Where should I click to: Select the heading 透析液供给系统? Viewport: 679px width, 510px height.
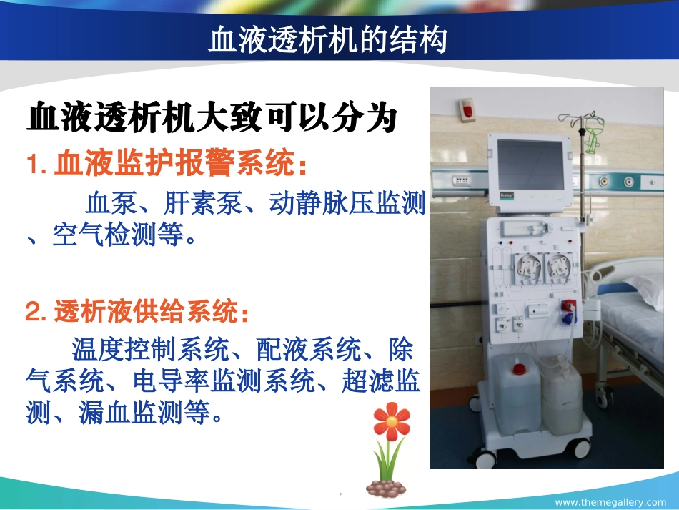[152, 312]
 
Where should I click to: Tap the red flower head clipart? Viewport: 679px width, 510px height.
[391, 421]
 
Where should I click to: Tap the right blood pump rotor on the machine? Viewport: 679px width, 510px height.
[559, 267]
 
